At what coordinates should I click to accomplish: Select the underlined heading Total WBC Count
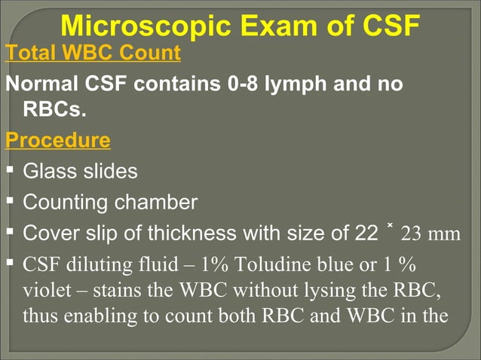click(x=93, y=53)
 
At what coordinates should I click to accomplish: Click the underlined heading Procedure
click(x=57, y=141)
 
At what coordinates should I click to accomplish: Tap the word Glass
click(x=49, y=171)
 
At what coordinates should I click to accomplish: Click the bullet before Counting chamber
click(x=10, y=202)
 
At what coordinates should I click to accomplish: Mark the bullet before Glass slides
click(x=10, y=171)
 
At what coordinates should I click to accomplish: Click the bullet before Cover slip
click(x=10, y=233)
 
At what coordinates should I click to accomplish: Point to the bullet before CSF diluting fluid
click(x=10, y=264)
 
